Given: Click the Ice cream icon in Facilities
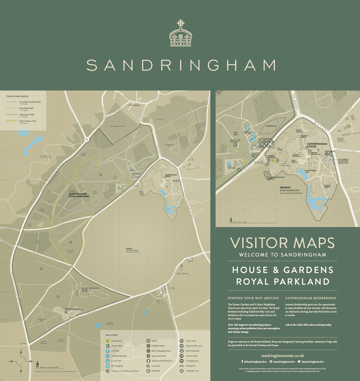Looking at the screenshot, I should tap(148, 366).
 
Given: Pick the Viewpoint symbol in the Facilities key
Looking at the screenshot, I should tap(182, 366).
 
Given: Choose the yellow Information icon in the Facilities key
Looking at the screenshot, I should tap(107, 341).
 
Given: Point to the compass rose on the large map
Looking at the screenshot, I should tap(21, 361).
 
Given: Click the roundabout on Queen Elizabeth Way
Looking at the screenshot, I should tap(87, 139).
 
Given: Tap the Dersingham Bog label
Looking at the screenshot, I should tap(45, 156).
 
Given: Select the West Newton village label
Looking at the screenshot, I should tap(183, 273).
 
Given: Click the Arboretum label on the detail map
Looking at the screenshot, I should tap(271, 126).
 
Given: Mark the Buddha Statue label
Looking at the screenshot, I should tap(304, 136).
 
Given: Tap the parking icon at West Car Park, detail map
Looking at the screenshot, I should tap(229, 163).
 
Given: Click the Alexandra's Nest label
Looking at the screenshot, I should tap(311, 171).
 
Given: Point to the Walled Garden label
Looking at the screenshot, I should tap(340, 139).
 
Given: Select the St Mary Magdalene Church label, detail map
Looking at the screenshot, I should tap(276, 178).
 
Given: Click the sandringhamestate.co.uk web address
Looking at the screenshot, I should tap(282, 356).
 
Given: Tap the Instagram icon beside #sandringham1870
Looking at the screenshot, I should tap(271, 362).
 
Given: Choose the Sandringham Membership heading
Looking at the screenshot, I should tap(310, 298).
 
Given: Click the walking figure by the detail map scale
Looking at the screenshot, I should tap(231, 220).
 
